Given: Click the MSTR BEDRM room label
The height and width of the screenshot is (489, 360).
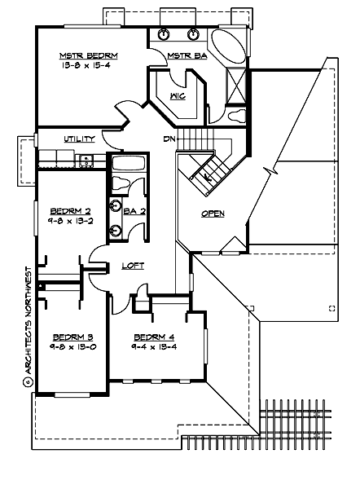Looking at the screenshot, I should (x=89, y=56).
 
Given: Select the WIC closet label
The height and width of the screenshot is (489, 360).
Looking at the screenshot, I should (x=177, y=96).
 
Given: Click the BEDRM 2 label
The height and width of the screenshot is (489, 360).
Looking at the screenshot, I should (x=71, y=209).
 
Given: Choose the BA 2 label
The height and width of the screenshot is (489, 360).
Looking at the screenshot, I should (x=134, y=212).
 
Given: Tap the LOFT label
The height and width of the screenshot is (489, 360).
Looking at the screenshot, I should (x=133, y=266).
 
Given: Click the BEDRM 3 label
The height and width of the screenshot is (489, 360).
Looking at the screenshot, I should (x=72, y=337).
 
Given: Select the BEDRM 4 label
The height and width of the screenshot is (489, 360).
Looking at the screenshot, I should (x=154, y=337).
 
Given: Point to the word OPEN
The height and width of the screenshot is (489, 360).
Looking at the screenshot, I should (x=213, y=214).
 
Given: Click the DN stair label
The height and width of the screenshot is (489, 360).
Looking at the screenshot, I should (x=169, y=139).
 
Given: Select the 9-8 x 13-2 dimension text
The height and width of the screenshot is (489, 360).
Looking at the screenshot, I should (x=71, y=219).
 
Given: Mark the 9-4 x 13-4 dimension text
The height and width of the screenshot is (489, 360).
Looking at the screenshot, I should (x=154, y=348).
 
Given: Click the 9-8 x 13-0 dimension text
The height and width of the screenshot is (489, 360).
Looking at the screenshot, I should (x=72, y=347).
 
